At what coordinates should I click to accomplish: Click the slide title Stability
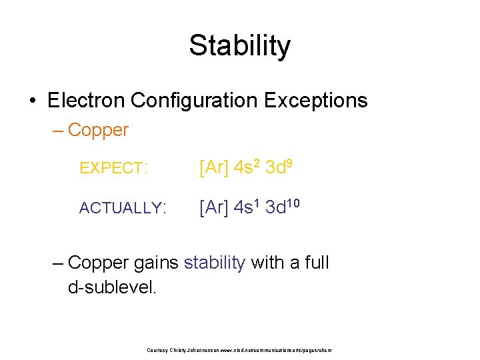pyautogui.click(x=239, y=46)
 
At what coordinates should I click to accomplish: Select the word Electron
pyautogui.click(x=87, y=101)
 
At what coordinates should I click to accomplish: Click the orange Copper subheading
pyautogui.click(x=97, y=130)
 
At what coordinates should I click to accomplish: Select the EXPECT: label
pyautogui.click(x=113, y=169)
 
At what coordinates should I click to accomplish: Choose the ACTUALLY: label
pyautogui.click(x=123, y=208)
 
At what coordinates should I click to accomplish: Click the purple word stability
pyautogui.click(x=215, y=263)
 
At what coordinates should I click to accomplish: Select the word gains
pyautogui.click(x=156, y=263)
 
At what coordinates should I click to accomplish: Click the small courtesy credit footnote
pyautogui.click(x=239, y=350)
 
